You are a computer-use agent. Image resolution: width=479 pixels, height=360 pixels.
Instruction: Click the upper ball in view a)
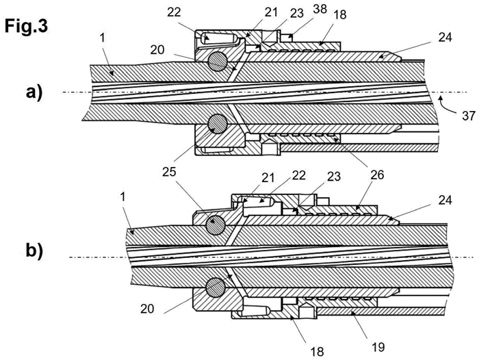tap(218, 62)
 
